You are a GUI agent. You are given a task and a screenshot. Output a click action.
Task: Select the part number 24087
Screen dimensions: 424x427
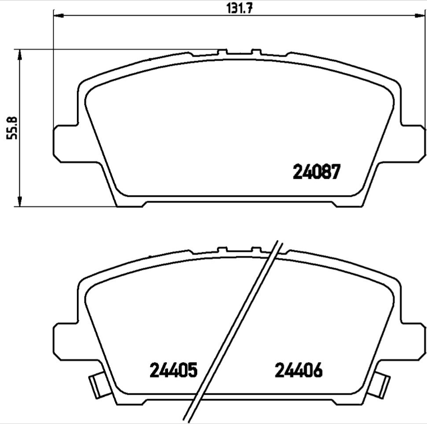pos(316,172)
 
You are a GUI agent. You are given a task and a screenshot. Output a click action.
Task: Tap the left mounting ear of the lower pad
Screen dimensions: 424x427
pos(65,340)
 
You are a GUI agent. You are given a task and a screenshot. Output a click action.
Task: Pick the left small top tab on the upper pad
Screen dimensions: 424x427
pos(222,52)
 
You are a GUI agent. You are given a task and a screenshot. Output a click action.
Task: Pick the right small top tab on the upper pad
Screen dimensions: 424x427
pos(257,52)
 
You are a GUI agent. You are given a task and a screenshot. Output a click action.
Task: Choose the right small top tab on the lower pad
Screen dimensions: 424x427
pos(257,249)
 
